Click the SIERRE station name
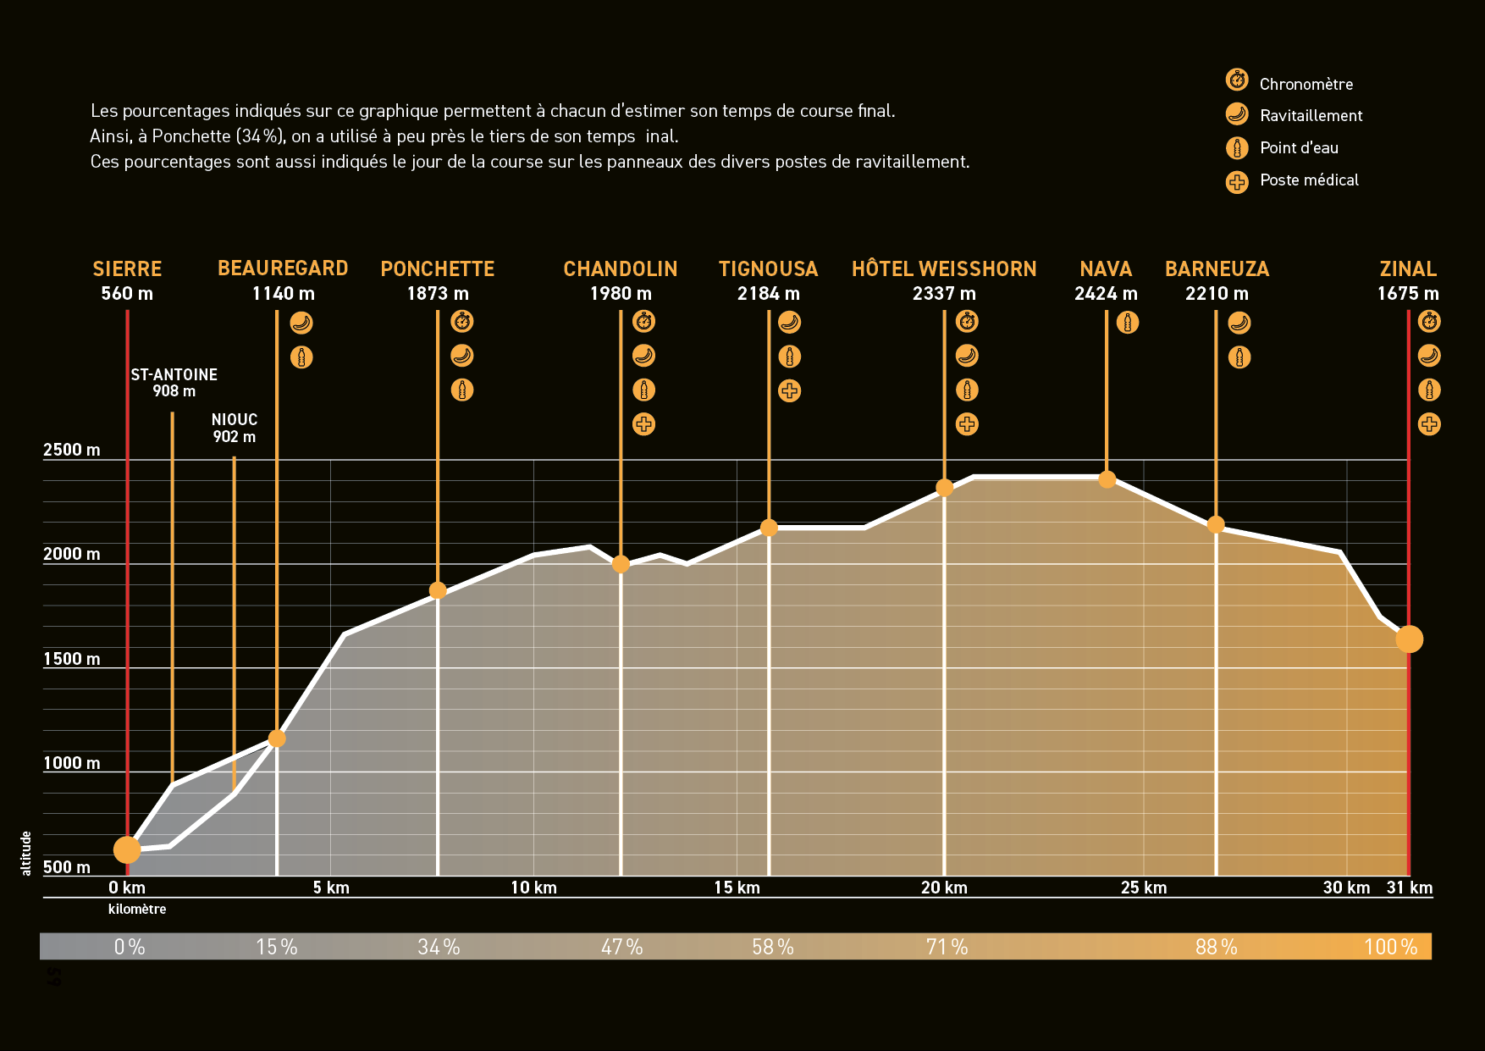[127, 268]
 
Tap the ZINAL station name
[1408, 268]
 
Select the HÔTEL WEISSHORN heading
[944, 268]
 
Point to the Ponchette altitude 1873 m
[438, 294]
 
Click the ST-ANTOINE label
[174, 374]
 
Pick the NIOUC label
[235, 420]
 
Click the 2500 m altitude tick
[72, 450]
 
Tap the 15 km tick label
[737, 888]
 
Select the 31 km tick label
[1410, 888]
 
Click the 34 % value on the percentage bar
[439, 947]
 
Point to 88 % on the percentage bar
[1216, 947]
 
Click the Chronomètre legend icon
[1237, 80]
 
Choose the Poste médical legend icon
[1237, 182]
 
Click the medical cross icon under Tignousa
[789, 390]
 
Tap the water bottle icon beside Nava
[1127, 323]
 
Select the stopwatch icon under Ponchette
[461, 322]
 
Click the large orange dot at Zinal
[1409, 639]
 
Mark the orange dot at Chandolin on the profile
[621, 564]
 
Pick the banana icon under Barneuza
[1239, 323]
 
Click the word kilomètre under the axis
[137, 909]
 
